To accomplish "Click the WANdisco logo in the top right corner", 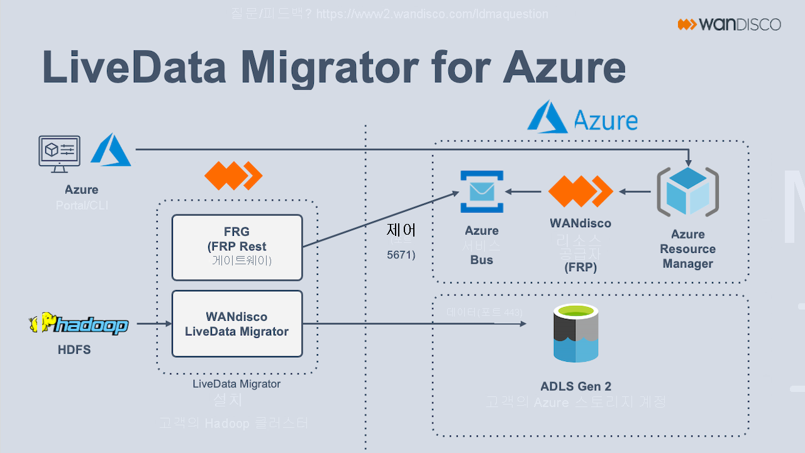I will [729, 25].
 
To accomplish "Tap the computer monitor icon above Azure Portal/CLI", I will [59, 153].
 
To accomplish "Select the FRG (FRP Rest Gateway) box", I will [237, 247].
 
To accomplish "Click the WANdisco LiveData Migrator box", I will [237, 324].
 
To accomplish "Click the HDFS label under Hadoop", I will [74, 350].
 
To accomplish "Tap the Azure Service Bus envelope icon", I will [481, 191].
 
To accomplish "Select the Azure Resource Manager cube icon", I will [687, 191].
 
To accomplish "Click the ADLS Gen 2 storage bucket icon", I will [575, 333].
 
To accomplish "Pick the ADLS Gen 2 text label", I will [575, 386].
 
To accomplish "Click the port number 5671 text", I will [401, 255].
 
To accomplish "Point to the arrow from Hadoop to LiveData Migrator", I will [154, 324].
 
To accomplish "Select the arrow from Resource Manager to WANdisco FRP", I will [635, 191].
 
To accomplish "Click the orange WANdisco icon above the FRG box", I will [233, 176].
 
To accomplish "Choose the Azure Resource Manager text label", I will [687, 249].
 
